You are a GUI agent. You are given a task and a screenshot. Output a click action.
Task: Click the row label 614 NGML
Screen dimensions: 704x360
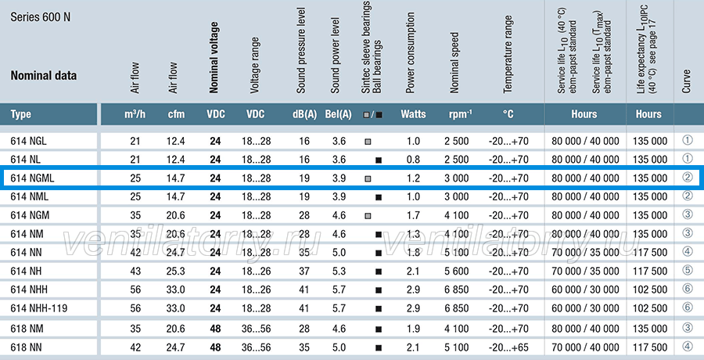pos(32,178)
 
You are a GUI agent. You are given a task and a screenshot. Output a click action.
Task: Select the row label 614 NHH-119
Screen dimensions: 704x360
pos(39,309)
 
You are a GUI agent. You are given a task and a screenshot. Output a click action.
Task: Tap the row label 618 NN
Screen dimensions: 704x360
pos(27,347)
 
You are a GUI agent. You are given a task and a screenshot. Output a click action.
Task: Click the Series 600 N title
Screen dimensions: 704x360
pos(41,17)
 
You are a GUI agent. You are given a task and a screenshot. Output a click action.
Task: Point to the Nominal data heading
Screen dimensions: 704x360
pos(44,75)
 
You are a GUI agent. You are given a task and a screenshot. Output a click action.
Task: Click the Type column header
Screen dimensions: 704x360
pos(21,114)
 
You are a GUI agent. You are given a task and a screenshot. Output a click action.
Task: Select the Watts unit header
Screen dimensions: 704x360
pos(413,114)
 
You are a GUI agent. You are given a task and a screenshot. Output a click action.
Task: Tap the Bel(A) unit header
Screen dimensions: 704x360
pos(338,114)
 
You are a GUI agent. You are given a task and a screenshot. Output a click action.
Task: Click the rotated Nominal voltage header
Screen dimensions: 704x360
pos(214,58)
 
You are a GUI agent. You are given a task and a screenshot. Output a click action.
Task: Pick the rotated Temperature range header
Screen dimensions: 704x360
pos(508,54)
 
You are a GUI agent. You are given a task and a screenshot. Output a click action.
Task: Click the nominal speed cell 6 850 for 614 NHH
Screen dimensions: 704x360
pos(457,290)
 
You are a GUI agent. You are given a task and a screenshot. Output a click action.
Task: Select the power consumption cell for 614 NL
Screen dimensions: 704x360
pos(413,160)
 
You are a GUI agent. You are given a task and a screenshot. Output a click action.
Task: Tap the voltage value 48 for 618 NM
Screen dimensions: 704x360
pos(215,329)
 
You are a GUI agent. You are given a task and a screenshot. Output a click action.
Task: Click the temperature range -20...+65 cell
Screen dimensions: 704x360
pos(508,347)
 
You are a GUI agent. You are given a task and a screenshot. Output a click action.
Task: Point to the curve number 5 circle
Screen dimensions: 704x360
pos(688,270)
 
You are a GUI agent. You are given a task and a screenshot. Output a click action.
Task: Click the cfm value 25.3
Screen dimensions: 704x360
pos(176,272)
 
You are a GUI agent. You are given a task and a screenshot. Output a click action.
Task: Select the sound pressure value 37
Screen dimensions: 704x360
pos(304,272)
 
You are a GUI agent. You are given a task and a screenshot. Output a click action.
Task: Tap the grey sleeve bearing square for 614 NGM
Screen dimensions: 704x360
pos(368,216)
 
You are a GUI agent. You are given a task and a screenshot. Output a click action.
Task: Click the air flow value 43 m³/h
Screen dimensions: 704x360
pos(135,272)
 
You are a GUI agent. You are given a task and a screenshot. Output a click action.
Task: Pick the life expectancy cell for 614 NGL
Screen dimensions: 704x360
pos(650,141)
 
